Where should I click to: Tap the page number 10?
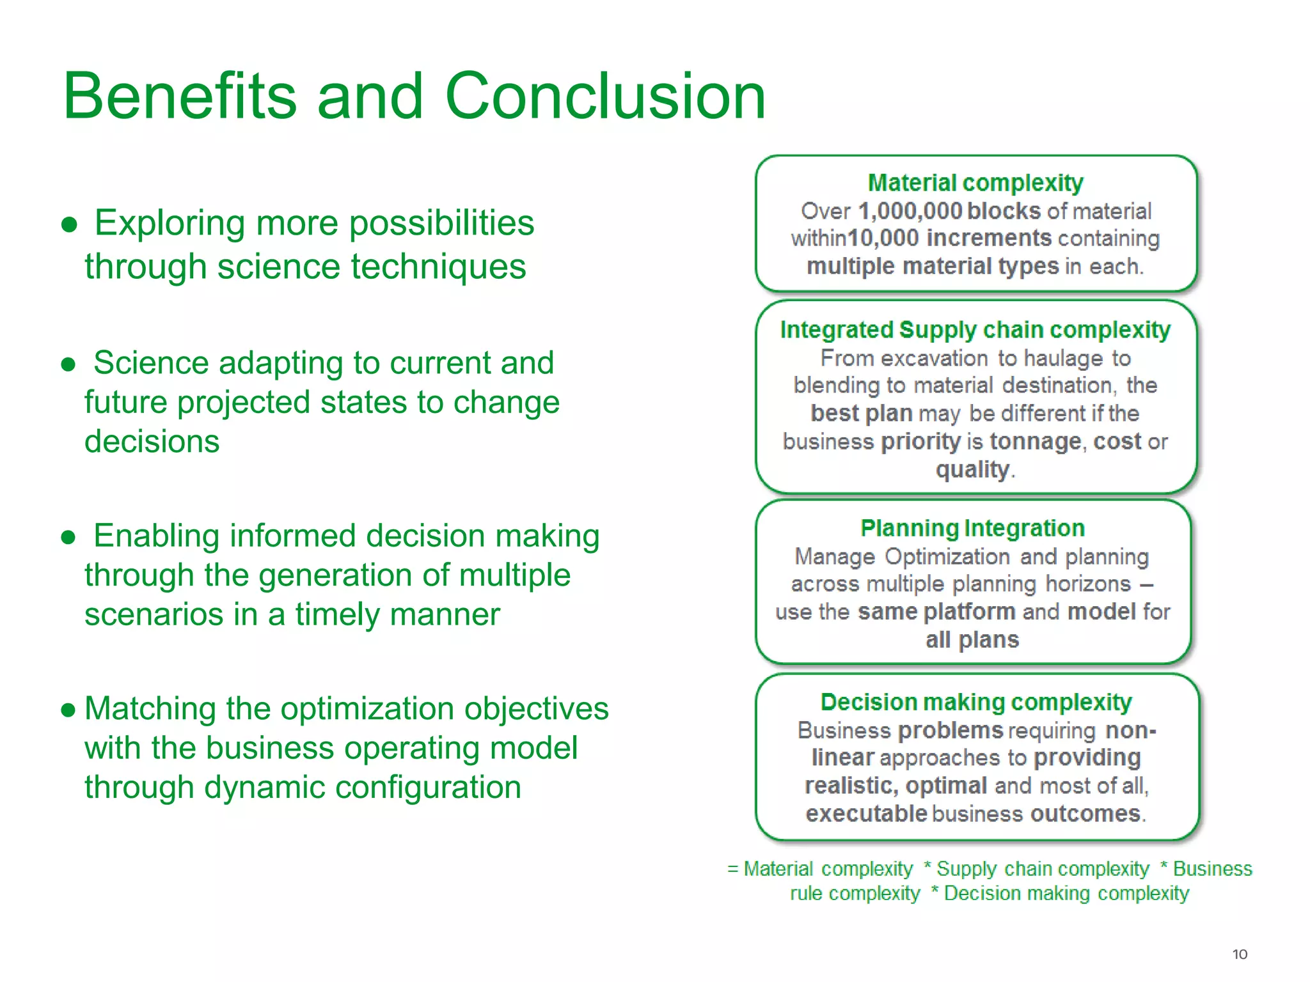tap(1239, 955)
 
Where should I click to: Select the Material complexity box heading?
tap(975, 183)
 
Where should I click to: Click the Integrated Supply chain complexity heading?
tap(975, 330)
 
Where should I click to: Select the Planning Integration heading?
tap(972, 528)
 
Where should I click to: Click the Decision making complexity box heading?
tap(976, 702)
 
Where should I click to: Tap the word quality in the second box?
tap(972, 470)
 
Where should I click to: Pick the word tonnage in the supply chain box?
tap(1035, 442)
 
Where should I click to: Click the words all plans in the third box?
tap(972, 640)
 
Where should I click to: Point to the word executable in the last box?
tap(865, 814)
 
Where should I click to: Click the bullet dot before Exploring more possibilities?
tap(69, 225)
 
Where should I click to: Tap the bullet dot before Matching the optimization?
tap(68, 710)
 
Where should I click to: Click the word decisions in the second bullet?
tap(152, 442)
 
